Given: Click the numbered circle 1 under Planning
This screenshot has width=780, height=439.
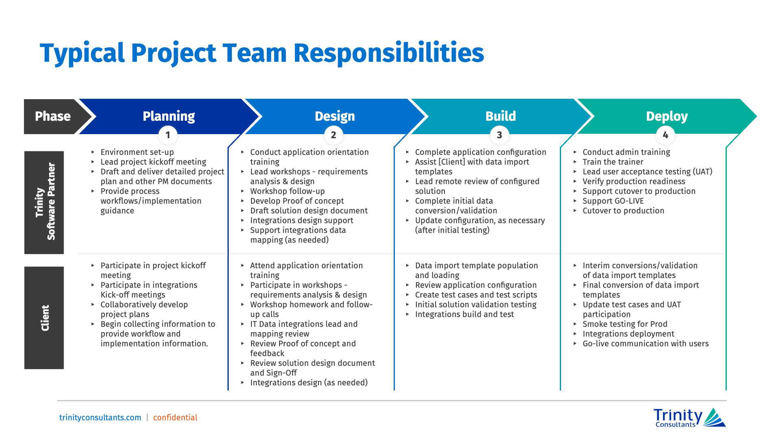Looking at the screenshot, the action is coord(168,135).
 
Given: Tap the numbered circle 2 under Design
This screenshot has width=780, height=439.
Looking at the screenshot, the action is coord(334,135).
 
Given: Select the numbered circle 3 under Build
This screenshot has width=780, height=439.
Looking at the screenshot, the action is coord(499,135).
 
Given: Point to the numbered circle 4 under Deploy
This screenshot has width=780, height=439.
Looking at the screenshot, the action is coord(665,135).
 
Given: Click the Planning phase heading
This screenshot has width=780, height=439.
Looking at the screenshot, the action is coord(169,116).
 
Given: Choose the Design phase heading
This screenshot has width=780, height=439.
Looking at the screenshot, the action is coord(335,116).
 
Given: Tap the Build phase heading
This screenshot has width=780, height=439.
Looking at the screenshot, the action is coord(500,116).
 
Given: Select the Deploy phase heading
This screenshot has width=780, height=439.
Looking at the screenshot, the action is coord(667,116).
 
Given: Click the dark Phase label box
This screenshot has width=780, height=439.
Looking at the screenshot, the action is coord(52,116).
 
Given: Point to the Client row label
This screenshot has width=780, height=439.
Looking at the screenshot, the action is coord(44,318).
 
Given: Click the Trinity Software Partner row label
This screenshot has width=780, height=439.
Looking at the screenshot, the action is coord(44,202).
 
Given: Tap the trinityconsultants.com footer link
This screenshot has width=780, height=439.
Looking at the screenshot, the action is coord(100,417).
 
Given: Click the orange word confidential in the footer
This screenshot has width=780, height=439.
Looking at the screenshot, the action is coord(175,417).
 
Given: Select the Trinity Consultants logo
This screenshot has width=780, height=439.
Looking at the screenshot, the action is coord(689,417).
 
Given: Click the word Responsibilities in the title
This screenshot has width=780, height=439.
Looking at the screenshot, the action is coord(388,53).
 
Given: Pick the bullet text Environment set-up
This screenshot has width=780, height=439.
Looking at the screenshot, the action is coord(137,152).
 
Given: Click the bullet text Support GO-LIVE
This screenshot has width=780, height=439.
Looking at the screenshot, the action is coord(613,201).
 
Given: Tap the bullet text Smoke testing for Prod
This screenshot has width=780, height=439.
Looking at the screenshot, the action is coord(625,324).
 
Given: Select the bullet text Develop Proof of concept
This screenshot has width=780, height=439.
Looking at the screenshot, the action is coord(297,201).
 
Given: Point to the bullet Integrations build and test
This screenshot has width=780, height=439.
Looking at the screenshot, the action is coord(464,314).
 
